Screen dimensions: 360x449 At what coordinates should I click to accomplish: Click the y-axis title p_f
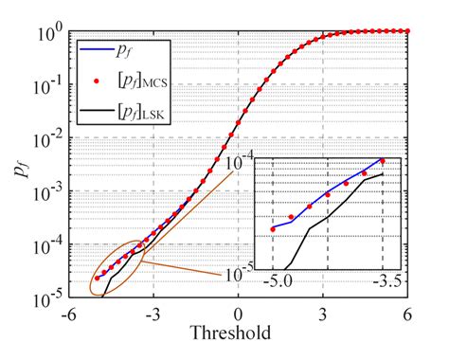[x=20, y=169]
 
